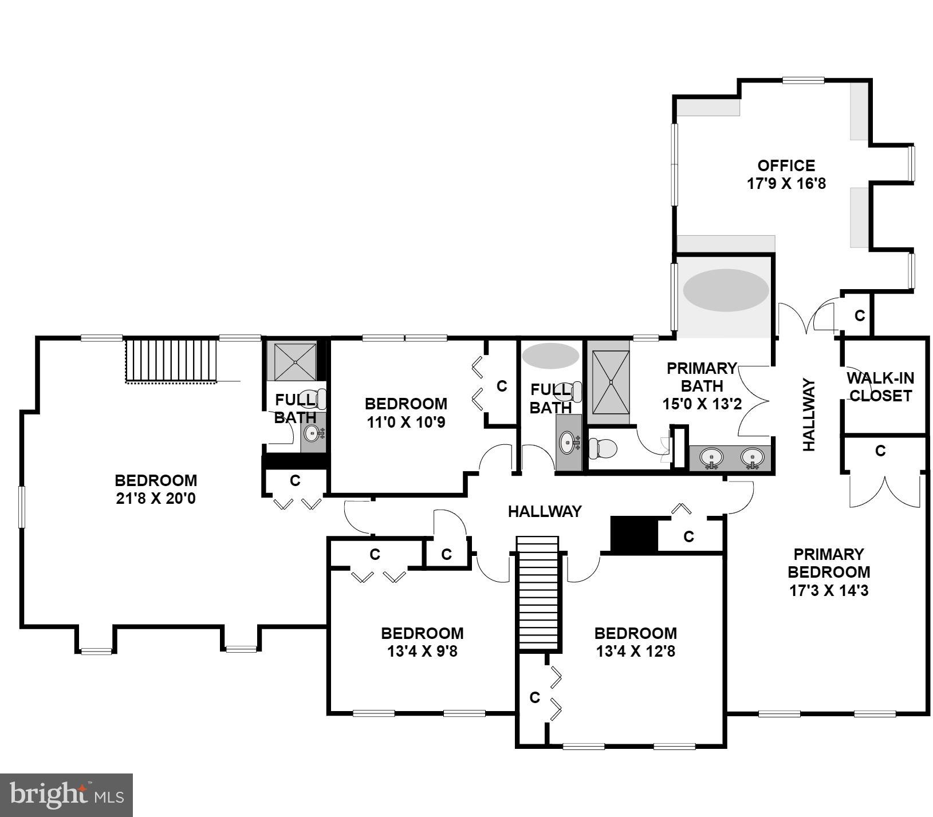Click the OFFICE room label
pyautogui.click(x=786, y=166)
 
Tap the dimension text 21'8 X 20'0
pyautogui.click(x=156, y=499)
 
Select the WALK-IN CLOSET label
pyautogui.click(x=880, y=387)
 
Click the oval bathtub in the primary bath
pyautogui.click(x=726, y=290)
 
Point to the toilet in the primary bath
pyautogui.click(x=602, y=448)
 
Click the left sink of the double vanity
pyautogui.click(x=711, y=457)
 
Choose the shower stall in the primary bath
pyautogui.click(x=611, y=382)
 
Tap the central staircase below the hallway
pyautogui.click(x=538, y=593)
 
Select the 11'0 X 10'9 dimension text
pyautogui.click(x=406, y=423)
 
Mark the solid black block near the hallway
pyautogui.click(x=633, y=534)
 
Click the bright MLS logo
pyautogui.click(x=66, y=795)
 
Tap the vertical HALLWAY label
pyautogui.click(x=808, y=414)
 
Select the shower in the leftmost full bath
pyautogui.click(x=294, y=361)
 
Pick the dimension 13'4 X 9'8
pyautogui.click(x=422, y=652)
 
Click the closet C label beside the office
pyautogui.click(x=859, y=315)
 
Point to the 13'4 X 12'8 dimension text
pyautogui.click(x=635, y=652)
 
